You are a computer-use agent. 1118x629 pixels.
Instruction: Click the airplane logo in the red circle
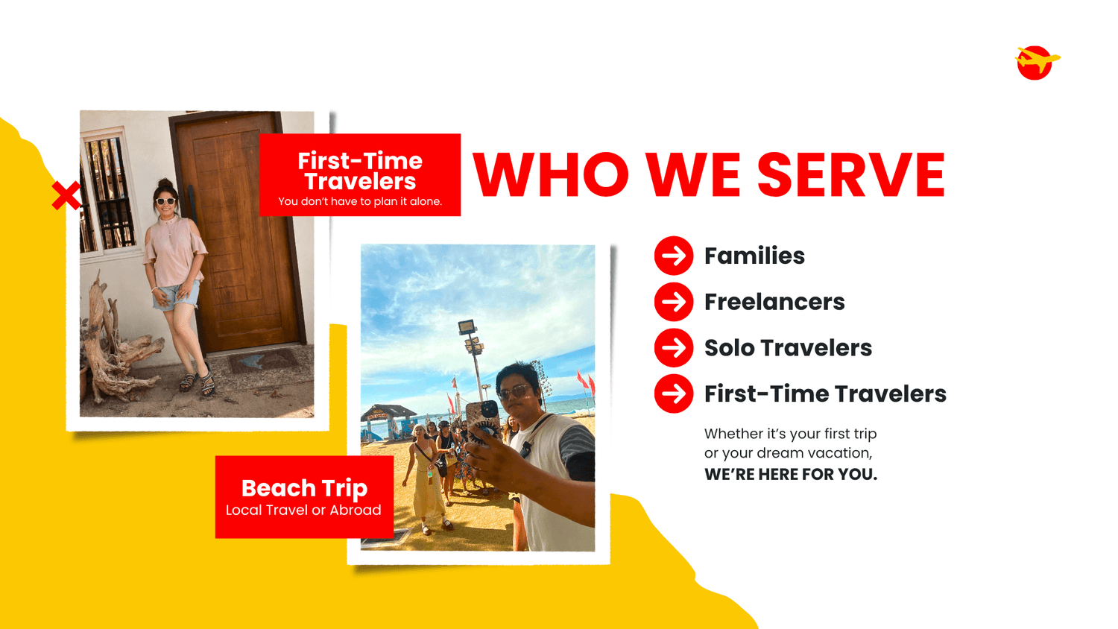point(1037,63)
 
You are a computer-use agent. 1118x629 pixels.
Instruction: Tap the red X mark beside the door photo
point(66,195)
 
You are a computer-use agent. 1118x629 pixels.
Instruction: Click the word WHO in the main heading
point(551,174)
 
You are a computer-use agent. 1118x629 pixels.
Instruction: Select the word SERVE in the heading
point(851,174)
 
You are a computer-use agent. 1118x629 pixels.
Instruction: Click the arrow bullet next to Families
point(674,256)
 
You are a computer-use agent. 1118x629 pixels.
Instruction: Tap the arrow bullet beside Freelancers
point(674,302)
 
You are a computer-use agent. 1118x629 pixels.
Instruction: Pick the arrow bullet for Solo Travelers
point(674,347)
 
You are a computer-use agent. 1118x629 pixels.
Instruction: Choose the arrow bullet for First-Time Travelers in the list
point(674,393)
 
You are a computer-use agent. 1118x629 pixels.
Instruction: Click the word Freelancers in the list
point(774,302)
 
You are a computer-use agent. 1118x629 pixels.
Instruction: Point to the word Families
point(754,256)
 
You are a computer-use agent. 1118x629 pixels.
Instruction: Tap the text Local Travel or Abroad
point(303,511)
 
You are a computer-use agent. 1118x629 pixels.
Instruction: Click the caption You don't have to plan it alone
point(360,202)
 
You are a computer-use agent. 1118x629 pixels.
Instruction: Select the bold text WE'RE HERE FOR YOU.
point(791,474)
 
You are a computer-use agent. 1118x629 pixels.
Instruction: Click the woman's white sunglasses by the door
point(165,201)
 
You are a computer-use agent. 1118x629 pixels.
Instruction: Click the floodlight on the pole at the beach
point(466,327)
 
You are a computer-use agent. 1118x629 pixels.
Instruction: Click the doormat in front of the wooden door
point(262,359)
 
